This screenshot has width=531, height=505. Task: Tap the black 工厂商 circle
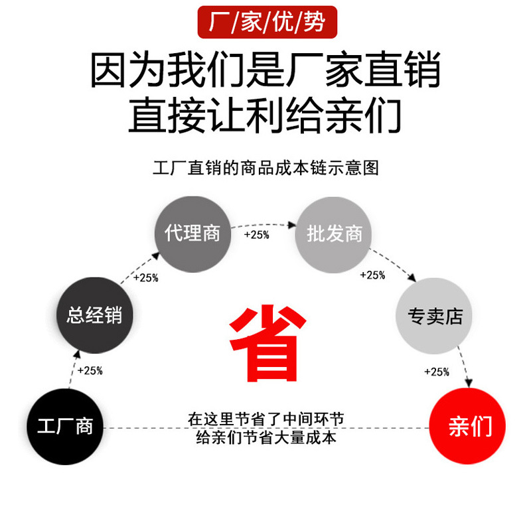coord(65,426)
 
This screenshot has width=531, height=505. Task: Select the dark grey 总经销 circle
coord(94,315)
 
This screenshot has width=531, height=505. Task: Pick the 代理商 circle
coord(192,234)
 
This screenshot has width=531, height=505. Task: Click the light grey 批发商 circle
coord(335,234)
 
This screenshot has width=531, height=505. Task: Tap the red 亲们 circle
coord(468,427)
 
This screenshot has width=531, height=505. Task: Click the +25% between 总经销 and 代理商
coord(145,278)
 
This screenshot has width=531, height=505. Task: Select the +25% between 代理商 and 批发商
coord(256,235)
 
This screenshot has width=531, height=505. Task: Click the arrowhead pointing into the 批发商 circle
coord(292,226)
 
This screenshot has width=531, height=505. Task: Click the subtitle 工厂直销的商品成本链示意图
coord(265,168)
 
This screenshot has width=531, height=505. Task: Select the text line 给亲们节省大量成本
coord(265,437)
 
